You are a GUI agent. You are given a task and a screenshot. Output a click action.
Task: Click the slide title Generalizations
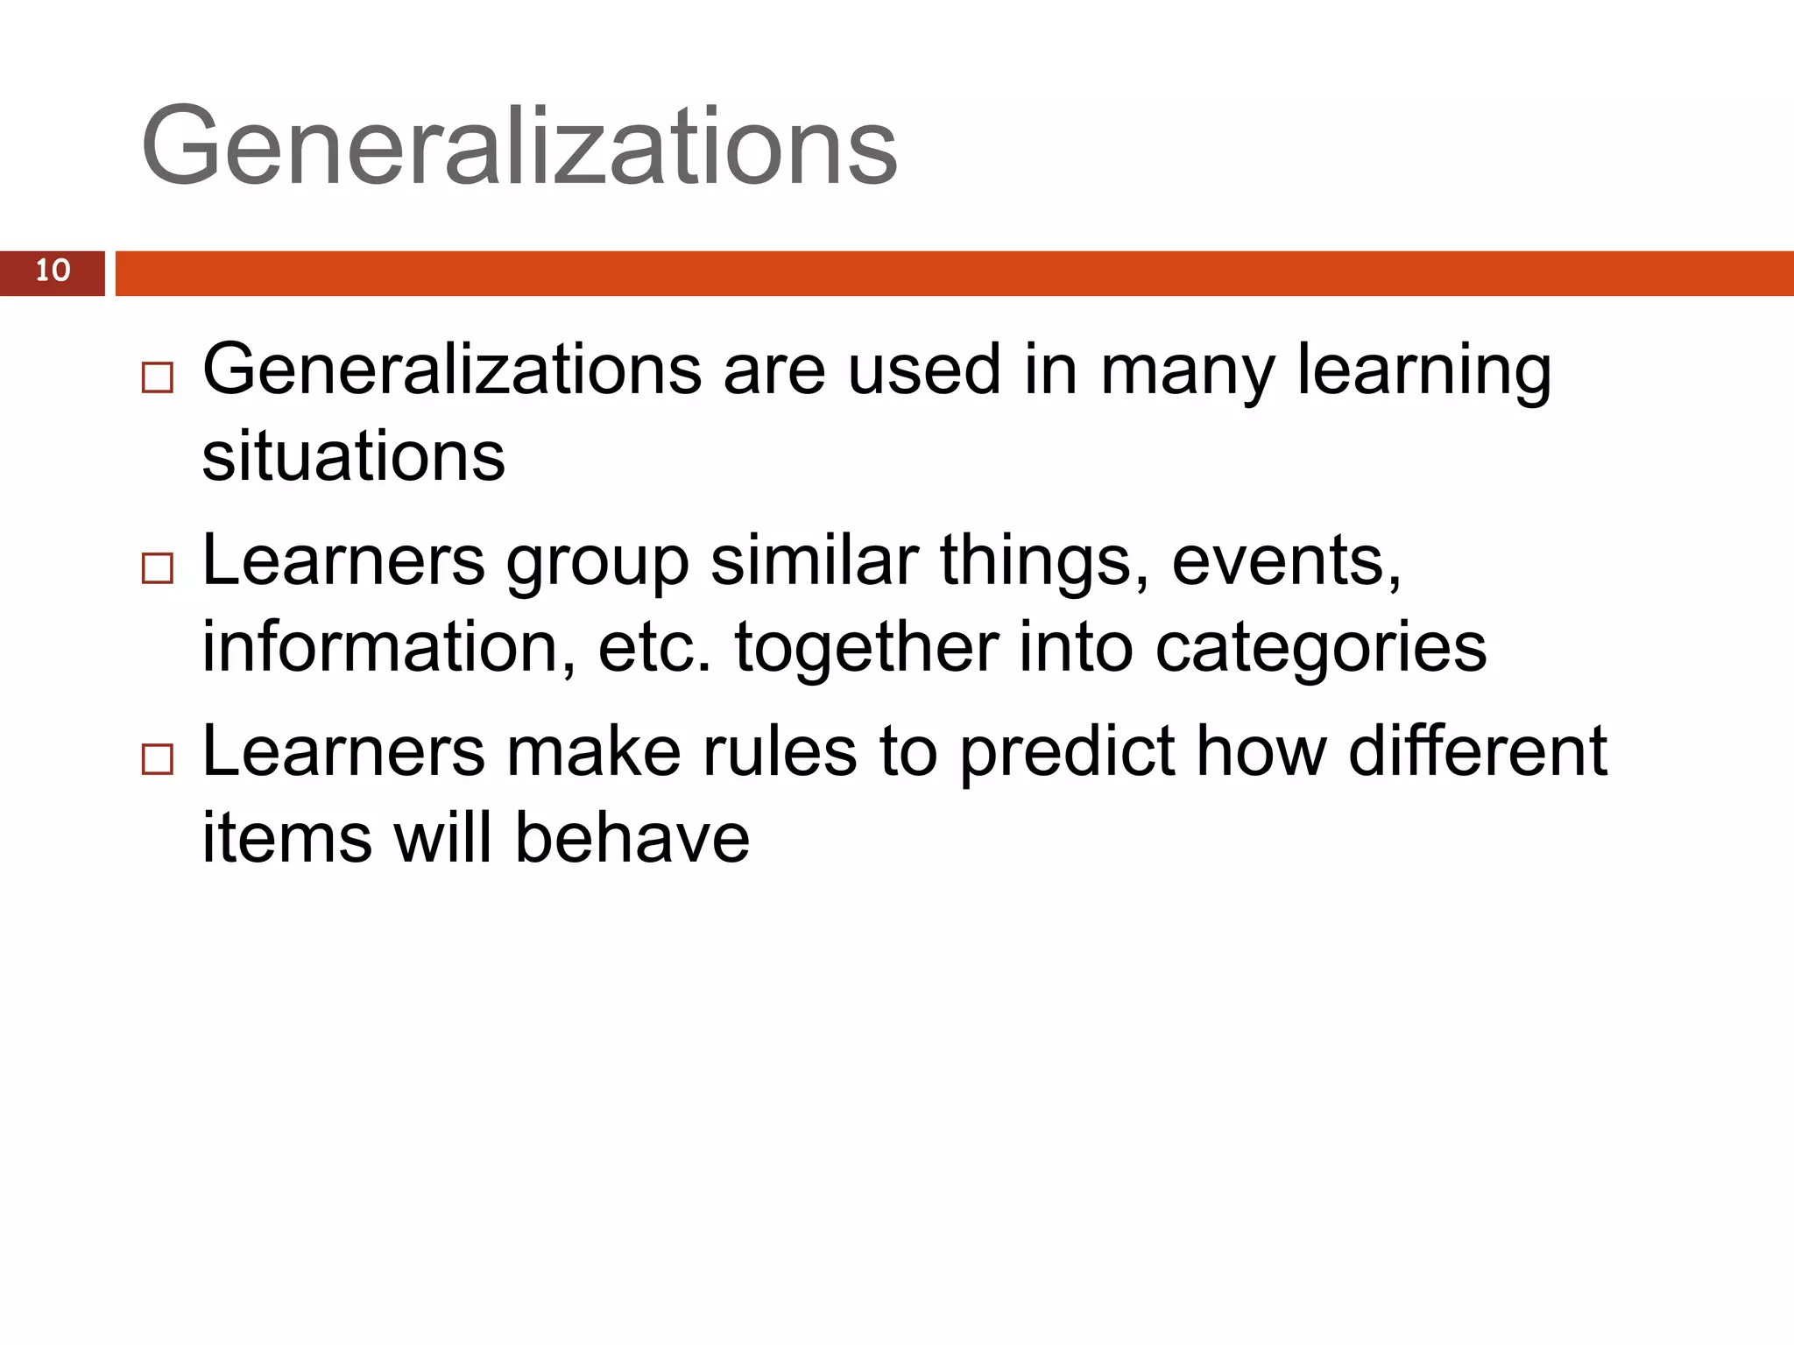click(x=519, y=145)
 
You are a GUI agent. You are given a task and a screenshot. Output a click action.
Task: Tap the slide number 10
click(x=53, y=271)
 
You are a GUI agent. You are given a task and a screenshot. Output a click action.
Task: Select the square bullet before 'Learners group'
click(x=158, y=568)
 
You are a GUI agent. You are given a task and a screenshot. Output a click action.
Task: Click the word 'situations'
click(x=353, y=456)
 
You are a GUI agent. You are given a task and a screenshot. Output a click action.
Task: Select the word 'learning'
click(x=1424, y=371)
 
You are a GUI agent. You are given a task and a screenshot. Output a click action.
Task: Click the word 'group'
click(x=597, y=562)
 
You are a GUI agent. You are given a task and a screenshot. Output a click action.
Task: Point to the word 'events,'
click(x=1286, y=562)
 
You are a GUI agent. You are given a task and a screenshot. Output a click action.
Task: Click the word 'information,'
click(x=389, y=647)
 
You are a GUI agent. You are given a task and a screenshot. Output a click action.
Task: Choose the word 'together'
click(x=866, y=647)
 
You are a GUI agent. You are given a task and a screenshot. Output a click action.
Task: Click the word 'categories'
click(x=1320, y=649)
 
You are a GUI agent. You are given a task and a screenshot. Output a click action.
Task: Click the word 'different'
click(x=1477, y=751)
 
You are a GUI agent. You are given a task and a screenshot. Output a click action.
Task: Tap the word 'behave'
click(x=632, y=837)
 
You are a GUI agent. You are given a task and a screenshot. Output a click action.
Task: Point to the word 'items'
click(x=287, y=837)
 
